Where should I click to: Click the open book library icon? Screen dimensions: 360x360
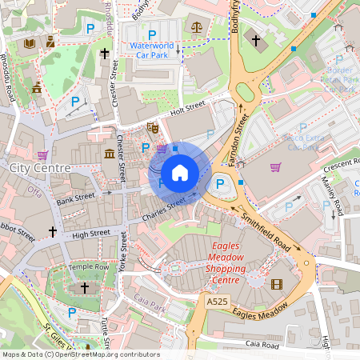click(30, 42)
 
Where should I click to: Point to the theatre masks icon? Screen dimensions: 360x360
click(153, 128)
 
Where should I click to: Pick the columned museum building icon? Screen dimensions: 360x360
click(109, 153)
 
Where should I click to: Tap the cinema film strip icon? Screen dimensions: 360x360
click(277, 284)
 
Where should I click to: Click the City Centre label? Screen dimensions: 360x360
click(40, 168)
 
